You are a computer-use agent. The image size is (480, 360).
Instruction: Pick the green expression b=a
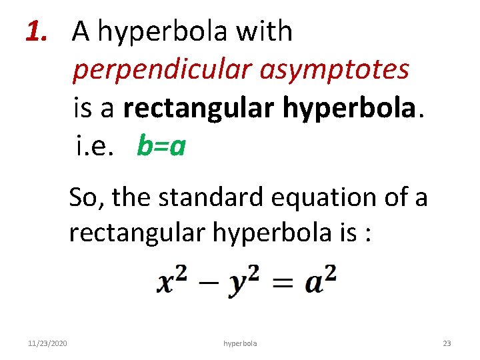161,145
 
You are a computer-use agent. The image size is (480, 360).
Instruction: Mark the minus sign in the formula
210,283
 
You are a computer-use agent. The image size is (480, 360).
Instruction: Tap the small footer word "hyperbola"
240,343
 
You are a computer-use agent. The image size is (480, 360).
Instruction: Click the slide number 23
447,343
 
